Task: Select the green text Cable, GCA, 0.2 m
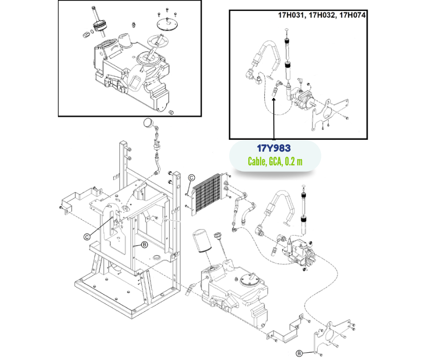pos(275,161)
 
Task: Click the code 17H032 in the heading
pos(322,15)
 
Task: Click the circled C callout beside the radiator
pos(192,178)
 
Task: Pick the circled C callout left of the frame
pos(86,236)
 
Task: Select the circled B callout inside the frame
pos(144,245)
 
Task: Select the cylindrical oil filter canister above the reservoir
pos(201,241)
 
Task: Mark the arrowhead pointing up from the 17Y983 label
pos(274,98)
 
